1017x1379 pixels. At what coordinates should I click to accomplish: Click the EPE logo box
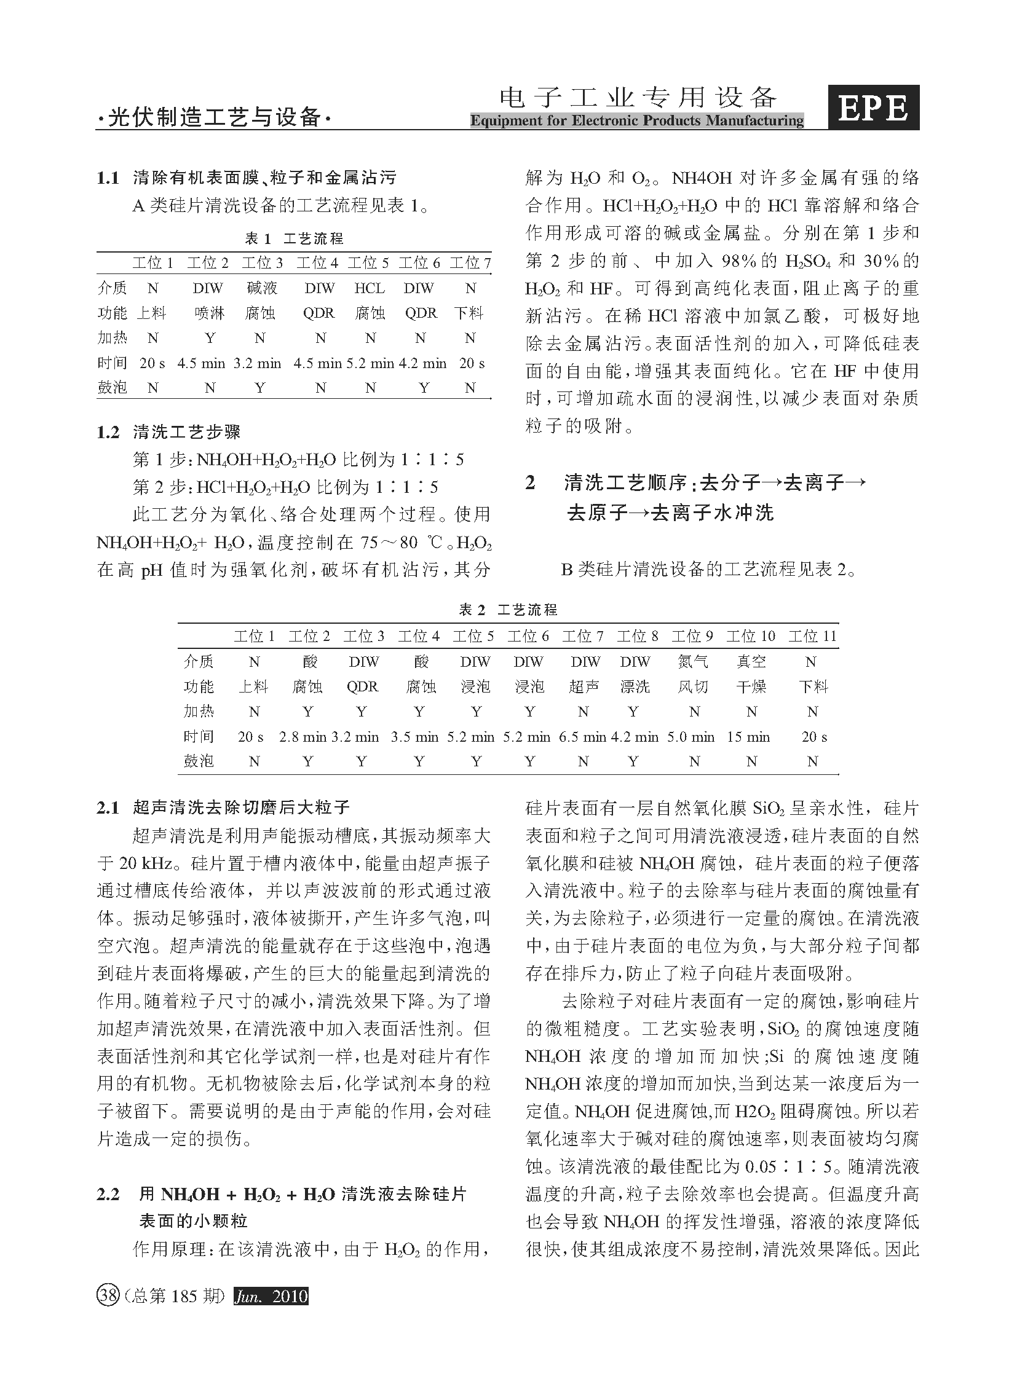(x=873, y=108)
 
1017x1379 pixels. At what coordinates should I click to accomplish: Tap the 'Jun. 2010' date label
(x=271, y=1296)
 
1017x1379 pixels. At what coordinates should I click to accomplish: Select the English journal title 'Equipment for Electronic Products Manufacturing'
(x=636, y=120)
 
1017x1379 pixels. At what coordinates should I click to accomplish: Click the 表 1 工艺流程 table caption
(x=295, y=238)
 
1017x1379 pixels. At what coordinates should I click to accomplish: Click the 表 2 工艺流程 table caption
(x=509, y=609)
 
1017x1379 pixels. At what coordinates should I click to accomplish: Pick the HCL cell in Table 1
(x=370, y=288)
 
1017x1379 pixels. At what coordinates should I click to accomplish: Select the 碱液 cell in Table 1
(x=261, y=288)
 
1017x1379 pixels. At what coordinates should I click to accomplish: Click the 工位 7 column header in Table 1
(x=470, y=264)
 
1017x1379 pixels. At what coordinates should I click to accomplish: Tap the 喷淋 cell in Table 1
(x=209, y=313)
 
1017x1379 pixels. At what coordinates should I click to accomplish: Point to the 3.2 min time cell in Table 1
(x=258, y=363)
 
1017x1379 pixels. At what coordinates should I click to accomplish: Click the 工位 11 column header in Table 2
(x=813, y=636)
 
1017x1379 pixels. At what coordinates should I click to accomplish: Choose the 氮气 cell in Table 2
(x=693, y=661)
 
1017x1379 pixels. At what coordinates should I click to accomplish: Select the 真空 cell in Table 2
(x=751, y=661)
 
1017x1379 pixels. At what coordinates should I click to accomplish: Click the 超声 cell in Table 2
(x=584, y=686)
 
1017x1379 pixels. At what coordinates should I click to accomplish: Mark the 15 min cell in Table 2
(x=748, y=737)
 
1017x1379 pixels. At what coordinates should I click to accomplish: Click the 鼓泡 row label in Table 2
(x=199, y=761)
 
